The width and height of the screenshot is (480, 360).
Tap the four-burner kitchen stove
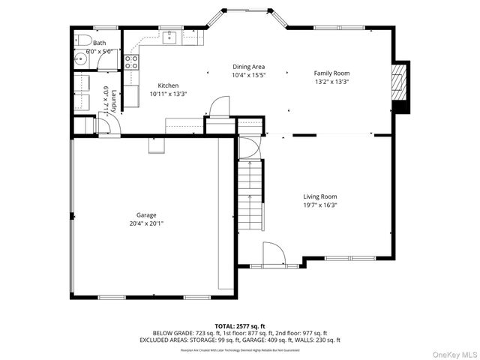click(x=131, y=62)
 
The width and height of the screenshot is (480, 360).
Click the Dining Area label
click(x=248, y=67)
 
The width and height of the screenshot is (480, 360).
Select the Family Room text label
click(x=331, y=73)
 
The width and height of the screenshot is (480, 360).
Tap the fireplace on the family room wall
click(x=401, y=86)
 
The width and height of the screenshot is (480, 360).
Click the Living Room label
click(x=319, y=196)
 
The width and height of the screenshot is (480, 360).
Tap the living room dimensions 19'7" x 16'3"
click(x=319, y=205)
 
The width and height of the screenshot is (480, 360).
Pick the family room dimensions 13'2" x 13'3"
click(x=331, y=81)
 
